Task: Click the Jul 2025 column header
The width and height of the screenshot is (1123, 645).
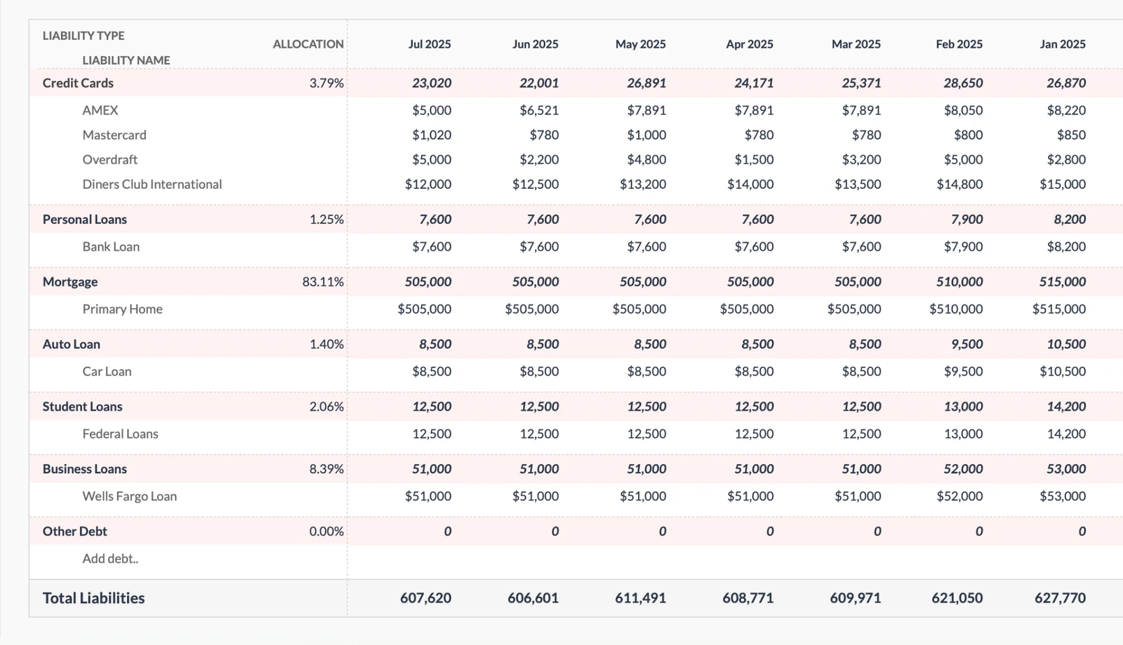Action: coord(430,44)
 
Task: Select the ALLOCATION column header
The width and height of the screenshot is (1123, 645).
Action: coord(308,44)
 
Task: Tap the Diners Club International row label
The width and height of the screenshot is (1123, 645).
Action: coord(152,185)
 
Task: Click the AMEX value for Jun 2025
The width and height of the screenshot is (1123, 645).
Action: coord(539,110)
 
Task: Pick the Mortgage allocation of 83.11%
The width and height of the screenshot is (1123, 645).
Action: coord(323,282)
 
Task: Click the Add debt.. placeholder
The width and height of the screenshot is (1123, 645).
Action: coord(110,559)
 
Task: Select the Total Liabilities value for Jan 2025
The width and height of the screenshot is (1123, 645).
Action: coord(1060,598)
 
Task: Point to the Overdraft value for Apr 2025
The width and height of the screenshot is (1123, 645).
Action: coord(754,160)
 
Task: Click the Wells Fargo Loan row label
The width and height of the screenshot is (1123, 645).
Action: coord(129,496)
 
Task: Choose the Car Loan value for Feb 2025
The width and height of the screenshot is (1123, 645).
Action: coord(963,371)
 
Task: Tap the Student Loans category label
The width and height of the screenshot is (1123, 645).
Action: coord(82,406)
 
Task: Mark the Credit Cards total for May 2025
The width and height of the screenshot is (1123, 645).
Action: coord(646,83)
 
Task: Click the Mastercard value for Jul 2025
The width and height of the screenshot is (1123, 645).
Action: coord(432,135)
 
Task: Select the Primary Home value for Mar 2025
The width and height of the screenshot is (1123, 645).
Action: coord(853,309)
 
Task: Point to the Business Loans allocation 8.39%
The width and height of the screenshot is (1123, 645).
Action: coord(326,469)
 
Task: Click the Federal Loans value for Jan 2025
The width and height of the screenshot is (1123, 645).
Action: coord(1066,434)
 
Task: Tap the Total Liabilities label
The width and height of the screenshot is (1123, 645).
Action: coord(93,598)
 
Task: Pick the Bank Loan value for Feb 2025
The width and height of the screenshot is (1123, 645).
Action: coord(963,246)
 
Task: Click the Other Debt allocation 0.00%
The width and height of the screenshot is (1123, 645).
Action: coord(326,531)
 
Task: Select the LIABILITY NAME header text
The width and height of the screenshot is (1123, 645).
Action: coord(126,60)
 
